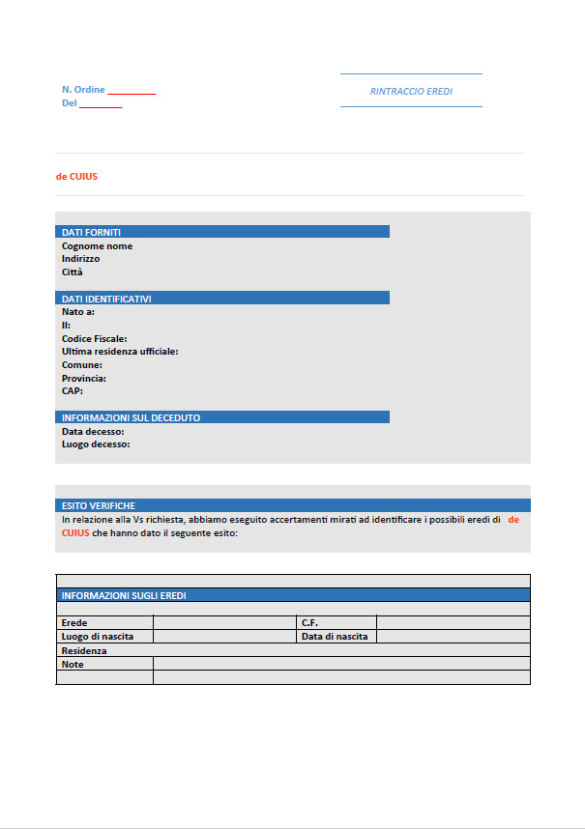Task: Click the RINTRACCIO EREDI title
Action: (411, 92)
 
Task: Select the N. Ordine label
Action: (83, 90)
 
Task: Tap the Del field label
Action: (69, 103)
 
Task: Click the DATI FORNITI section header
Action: (91, 232)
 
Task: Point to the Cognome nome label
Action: (97, 245)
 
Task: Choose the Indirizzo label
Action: (80, 259)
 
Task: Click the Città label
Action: (73, 272)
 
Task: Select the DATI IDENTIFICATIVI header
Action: (106, 299)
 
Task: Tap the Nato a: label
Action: (78, 312)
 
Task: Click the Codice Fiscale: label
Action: (94, 339)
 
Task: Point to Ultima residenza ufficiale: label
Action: (120, 352)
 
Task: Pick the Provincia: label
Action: (84, 379)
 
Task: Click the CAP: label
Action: (73, 391)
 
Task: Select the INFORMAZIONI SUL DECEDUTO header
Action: (131, 417)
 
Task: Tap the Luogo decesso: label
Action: (96, 444)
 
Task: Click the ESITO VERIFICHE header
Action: (98, 505)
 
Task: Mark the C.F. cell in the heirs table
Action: (310, 623)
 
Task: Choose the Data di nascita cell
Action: (335, 637)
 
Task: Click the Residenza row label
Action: (84, 650)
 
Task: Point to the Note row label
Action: (73, 664)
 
